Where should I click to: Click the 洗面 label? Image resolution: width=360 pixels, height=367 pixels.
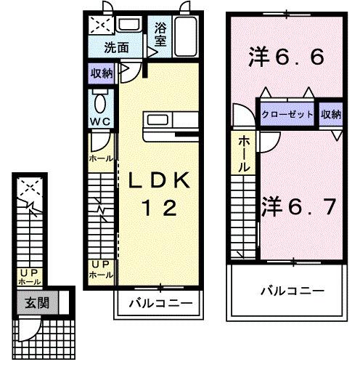coord(115,49)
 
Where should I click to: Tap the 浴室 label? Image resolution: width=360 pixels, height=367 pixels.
coord(160,36)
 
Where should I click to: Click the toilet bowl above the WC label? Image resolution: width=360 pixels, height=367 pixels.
coord(101,101)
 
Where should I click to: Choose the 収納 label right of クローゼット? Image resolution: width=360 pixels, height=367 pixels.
coord(331,114)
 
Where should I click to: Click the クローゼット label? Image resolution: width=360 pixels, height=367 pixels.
coord(288,115)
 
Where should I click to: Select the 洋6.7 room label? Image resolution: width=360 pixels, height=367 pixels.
coord(298,206)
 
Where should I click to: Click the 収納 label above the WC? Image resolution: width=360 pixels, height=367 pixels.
coord(102,73)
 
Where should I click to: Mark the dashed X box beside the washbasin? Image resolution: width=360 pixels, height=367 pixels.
coord(100,25)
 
